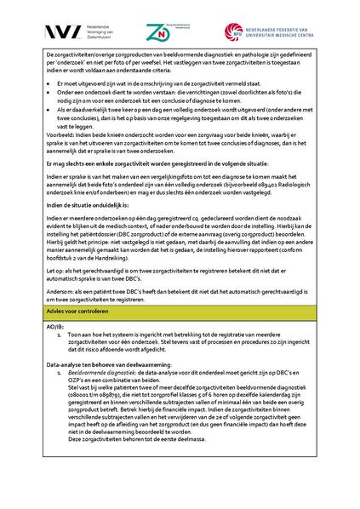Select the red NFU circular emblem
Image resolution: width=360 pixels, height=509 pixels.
[x=235, y=31]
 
